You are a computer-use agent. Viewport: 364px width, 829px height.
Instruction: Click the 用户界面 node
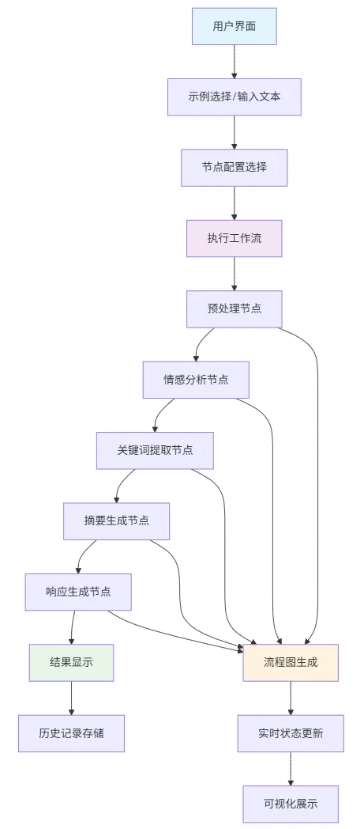tap(234, 26)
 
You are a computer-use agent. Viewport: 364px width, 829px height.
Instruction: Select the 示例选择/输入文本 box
tap(234, 97)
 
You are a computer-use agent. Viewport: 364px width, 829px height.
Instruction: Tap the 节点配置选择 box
tap(234, 168)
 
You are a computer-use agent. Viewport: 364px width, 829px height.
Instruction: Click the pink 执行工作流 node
tap(234, 238)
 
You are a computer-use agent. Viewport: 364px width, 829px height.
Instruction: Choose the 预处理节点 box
tap(234, 309)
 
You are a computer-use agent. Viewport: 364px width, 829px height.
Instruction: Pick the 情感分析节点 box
tap(196, 379)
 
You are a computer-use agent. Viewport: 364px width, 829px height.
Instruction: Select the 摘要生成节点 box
tap(116, 520)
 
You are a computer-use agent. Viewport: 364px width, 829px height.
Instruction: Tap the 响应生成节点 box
tap(77, 591)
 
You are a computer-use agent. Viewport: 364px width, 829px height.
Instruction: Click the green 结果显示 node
tap(71, 662)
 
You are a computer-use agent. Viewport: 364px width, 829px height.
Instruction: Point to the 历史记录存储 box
tap(71, 733)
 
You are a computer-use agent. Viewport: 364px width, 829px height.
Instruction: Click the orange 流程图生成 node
tap(291, 662)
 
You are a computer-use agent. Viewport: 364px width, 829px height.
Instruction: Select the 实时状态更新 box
tap(291, 733)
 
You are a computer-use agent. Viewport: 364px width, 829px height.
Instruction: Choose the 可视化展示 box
tap(291, 804)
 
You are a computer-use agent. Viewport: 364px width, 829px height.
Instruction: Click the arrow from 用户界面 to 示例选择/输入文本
tap(234, 62)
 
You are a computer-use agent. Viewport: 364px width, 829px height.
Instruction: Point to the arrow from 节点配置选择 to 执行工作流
tap(234, 203)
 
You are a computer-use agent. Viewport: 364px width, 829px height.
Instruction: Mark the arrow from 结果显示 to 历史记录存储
tap(71, 698)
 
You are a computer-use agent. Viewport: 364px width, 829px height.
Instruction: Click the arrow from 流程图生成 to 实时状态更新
tap(291, 698)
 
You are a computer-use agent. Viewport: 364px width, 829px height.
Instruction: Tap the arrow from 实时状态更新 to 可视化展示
tap(291, 768)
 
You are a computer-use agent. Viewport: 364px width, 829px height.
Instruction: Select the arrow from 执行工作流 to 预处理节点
tap(234, 274)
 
